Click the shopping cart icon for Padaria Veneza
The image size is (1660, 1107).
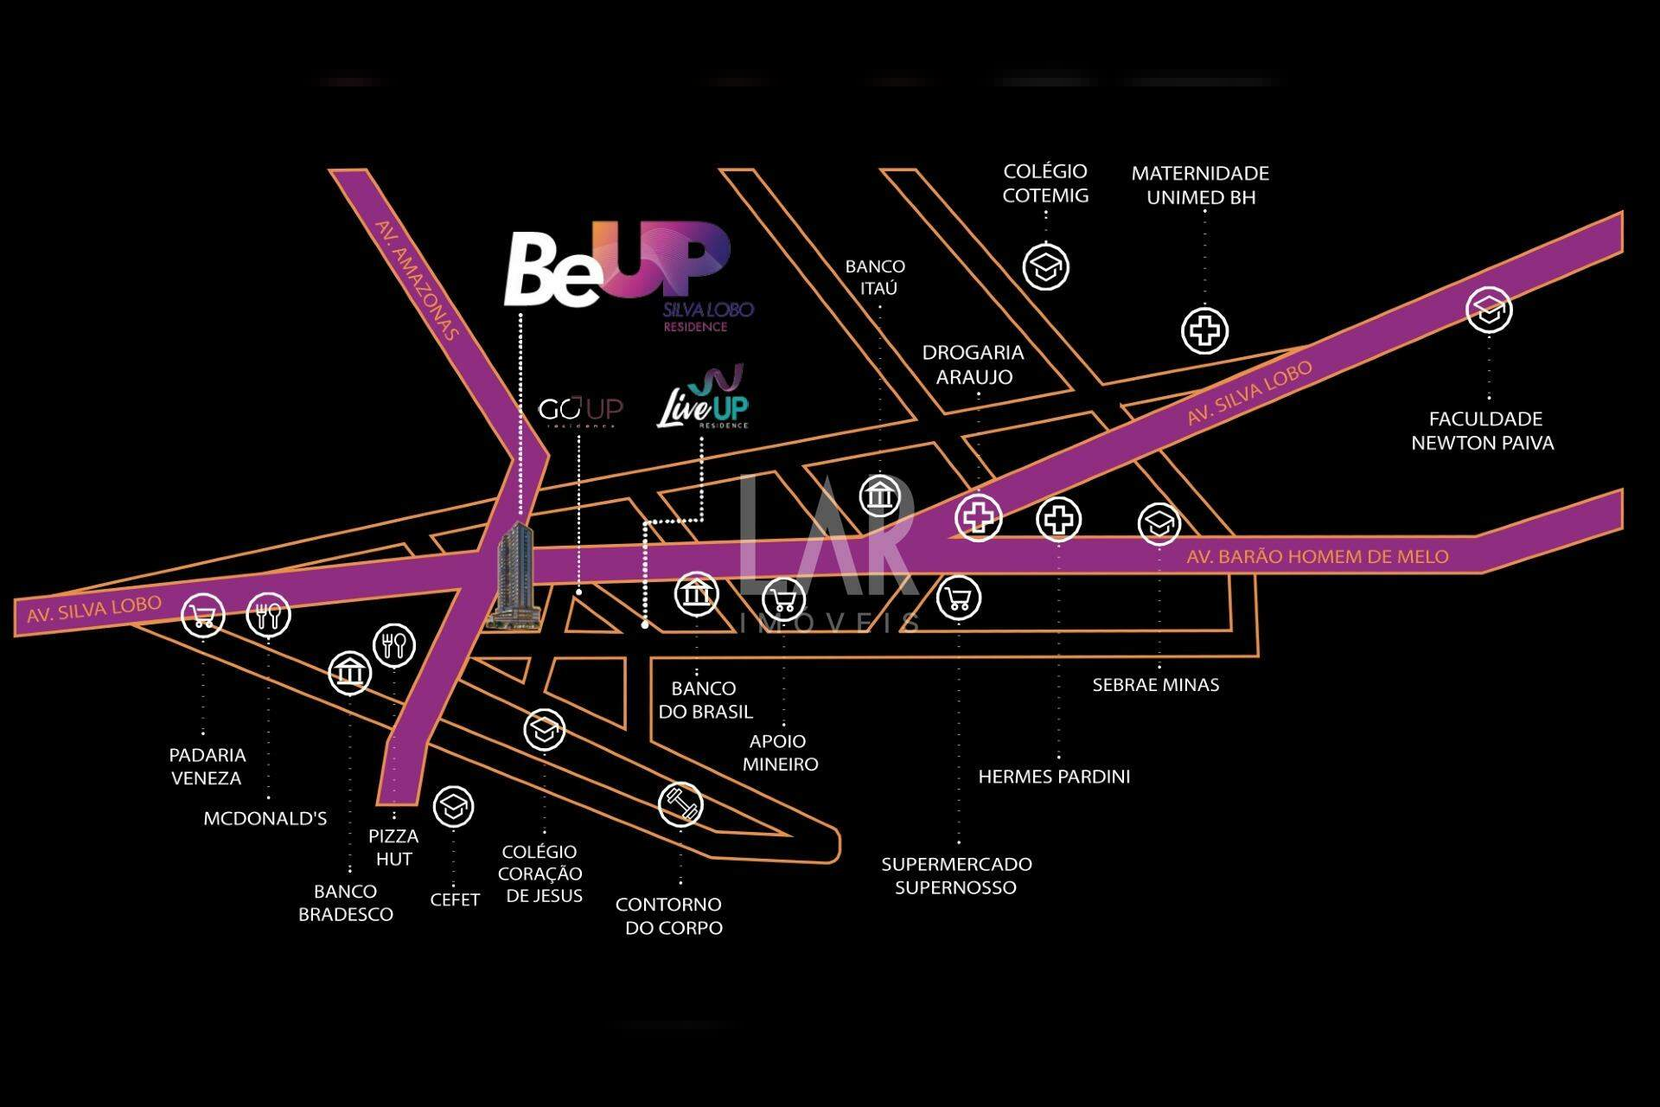(x=203, y=616)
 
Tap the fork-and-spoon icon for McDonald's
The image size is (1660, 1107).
(x=269, y=615)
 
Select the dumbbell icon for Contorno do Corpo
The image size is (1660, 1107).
(x=680, y=804)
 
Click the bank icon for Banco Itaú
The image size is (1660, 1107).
(x=880, y=496)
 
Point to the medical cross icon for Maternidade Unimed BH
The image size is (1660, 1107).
(x=1204, y=330)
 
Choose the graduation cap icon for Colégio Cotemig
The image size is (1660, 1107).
(x=1046, y=266)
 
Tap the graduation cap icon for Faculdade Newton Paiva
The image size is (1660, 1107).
(x=1489, y=310)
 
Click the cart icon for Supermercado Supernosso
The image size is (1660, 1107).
(x=959, y=598)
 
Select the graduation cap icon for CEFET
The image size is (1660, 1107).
(x=453, y=807)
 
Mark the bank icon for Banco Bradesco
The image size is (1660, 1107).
(x=350, y=672)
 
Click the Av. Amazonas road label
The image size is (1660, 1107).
(x=416, y=279)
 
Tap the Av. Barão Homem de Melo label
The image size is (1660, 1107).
(x=1318, y=557)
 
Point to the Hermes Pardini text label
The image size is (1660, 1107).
(x=1054, y=777)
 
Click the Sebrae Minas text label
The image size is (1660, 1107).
(x=1156, y=685)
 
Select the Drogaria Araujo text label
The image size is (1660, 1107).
(x=973, y=364)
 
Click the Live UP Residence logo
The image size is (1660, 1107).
(x=703, y=398)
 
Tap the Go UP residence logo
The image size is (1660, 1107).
(x=580, y=411)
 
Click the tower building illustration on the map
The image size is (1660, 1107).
(x=516, y=574)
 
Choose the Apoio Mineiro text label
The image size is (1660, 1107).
(x=780, y=752)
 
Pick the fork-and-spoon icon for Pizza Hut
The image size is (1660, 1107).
(x=394, y=644)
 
